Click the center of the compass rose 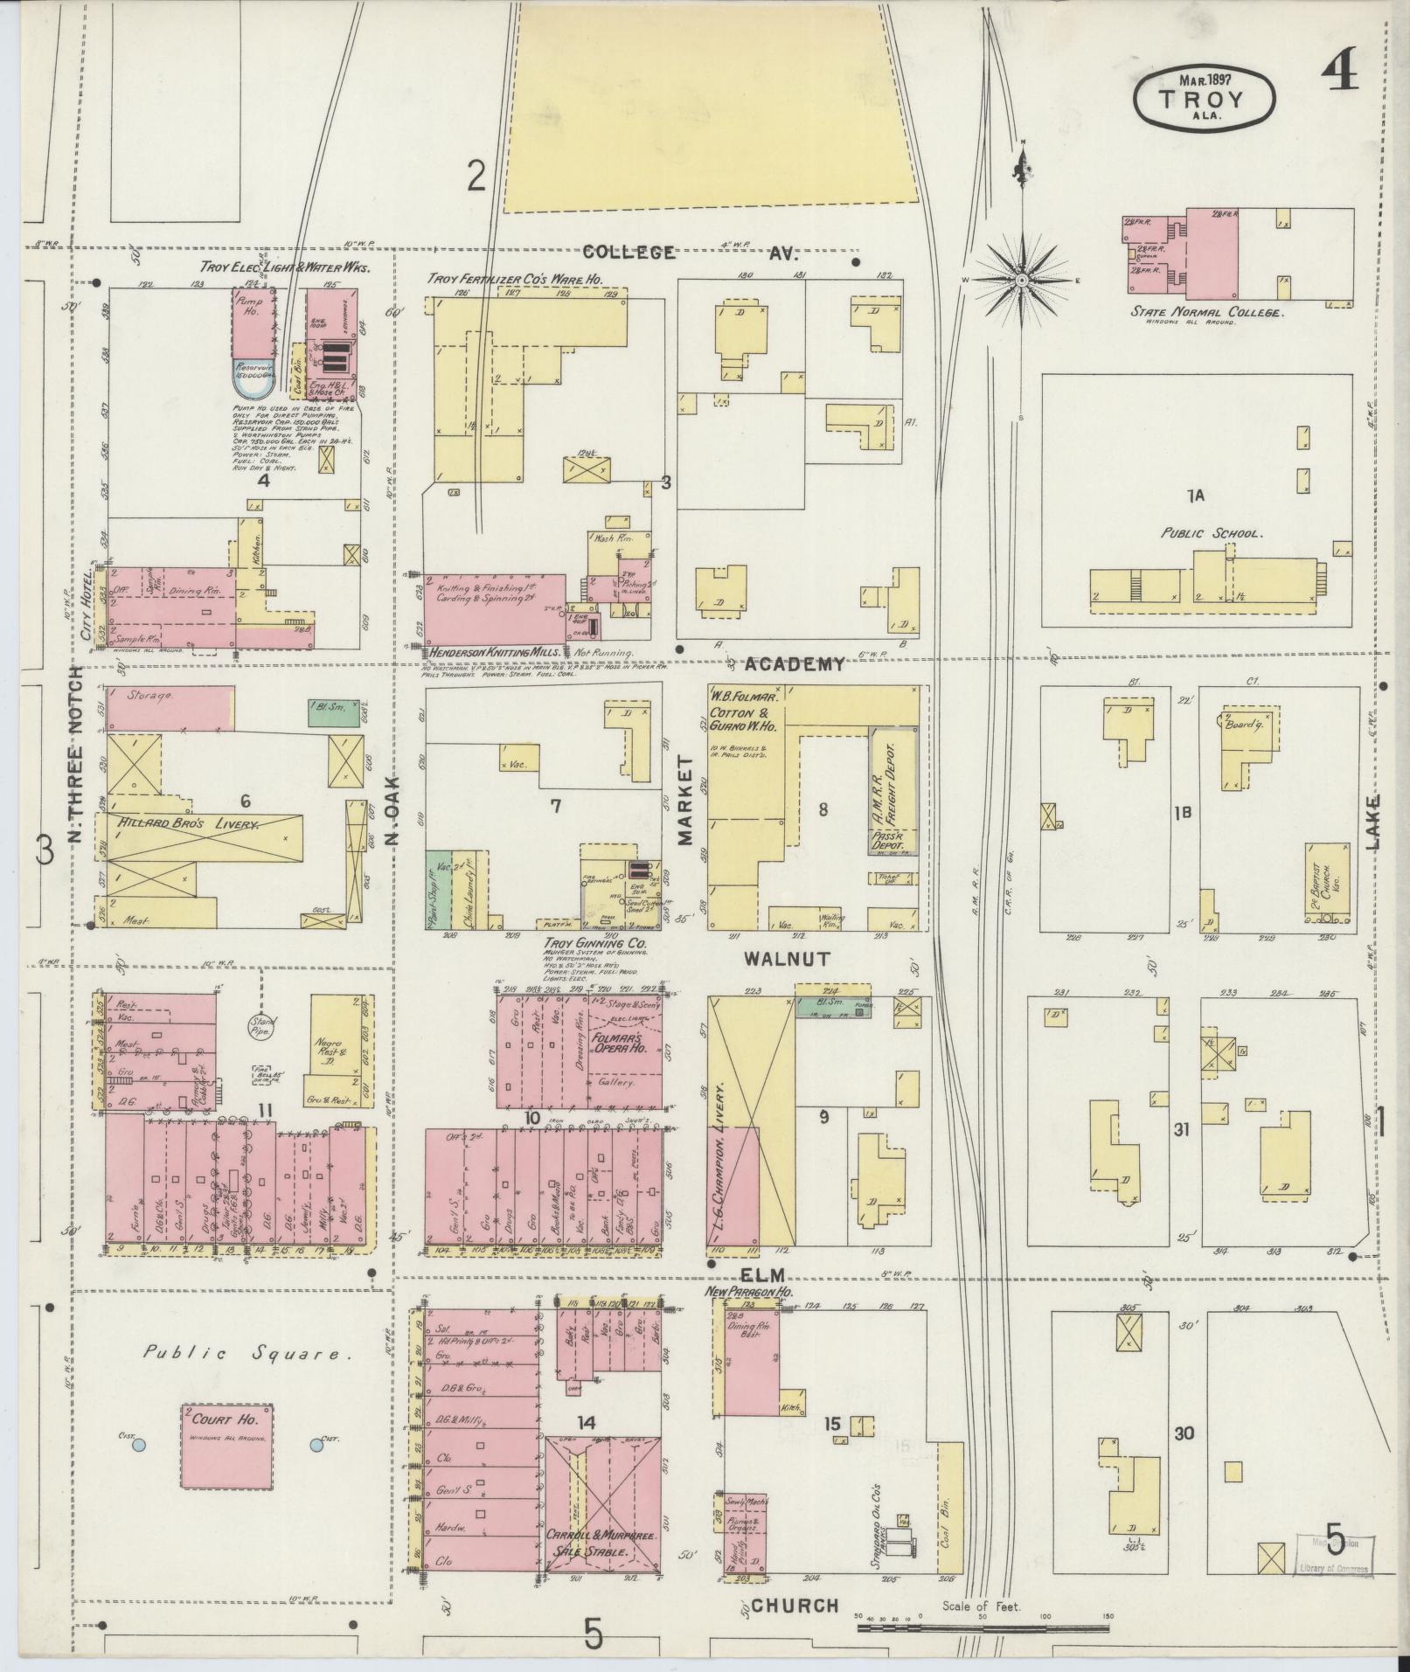tap(1021, 280)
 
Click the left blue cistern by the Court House tap(137, 1445)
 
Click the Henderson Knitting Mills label tap(494, 652)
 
